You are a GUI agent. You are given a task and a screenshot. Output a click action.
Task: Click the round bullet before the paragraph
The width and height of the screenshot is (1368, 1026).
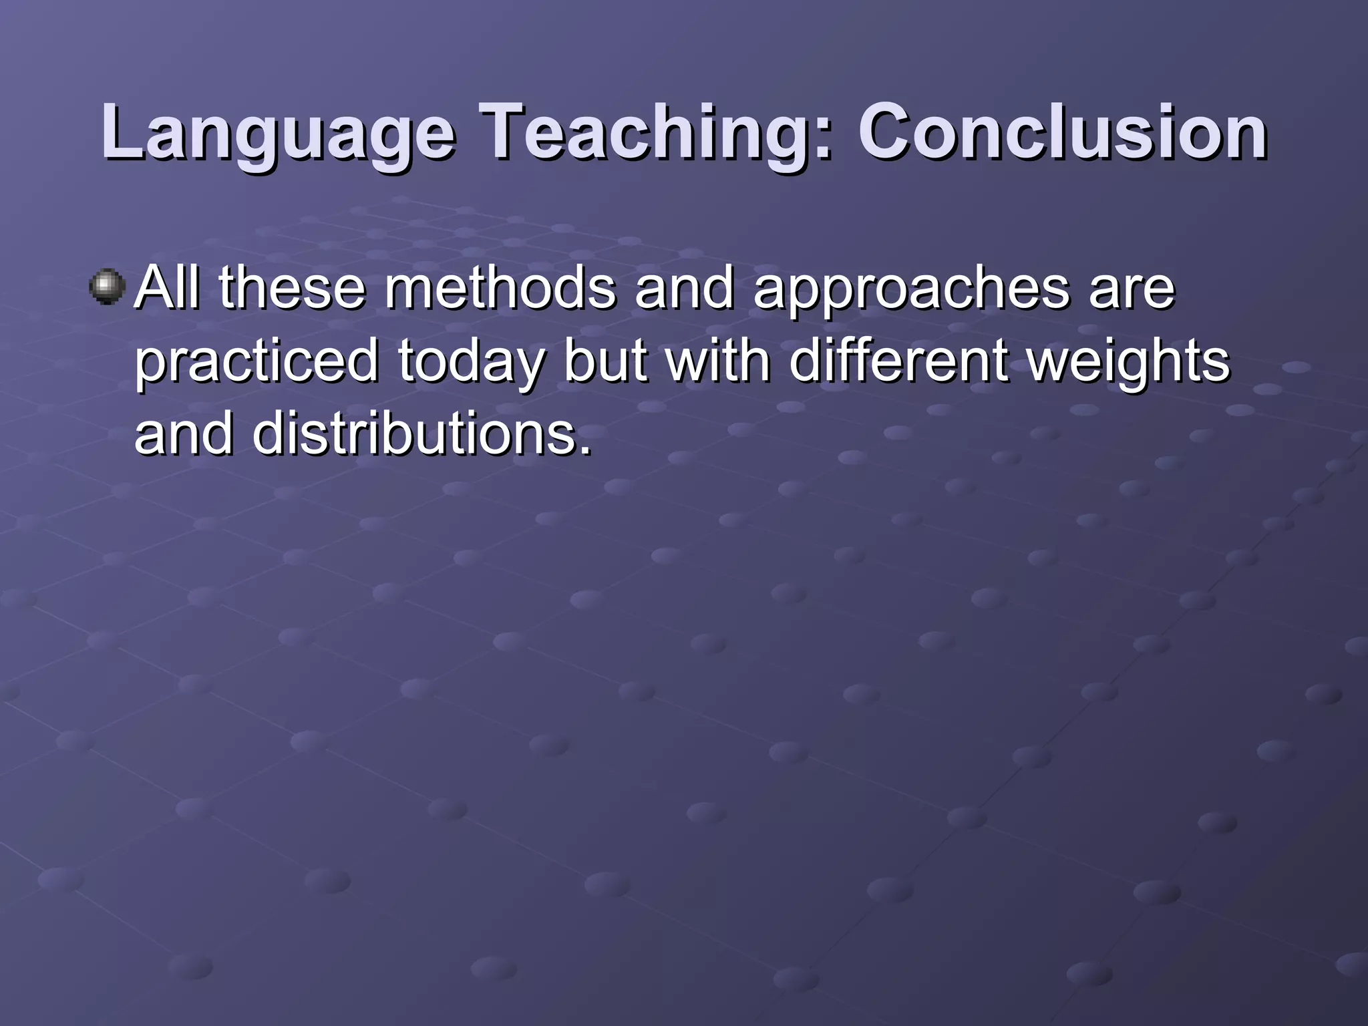pos(107,287)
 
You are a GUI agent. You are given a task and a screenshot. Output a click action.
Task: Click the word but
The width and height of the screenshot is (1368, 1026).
pos(605,361)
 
